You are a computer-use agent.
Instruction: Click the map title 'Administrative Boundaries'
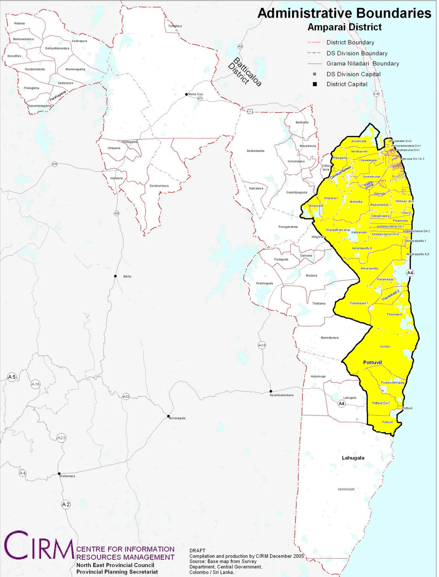(x=344, y=13)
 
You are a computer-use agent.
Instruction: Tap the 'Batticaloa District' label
(x=245, y=72)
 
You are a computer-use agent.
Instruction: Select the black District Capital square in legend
(x=315, y=84)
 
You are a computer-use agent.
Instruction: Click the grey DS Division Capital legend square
(x=315, y=74)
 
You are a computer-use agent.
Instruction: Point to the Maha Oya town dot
(x=186, y=94)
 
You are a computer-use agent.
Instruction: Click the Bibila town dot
(x=115, y=276)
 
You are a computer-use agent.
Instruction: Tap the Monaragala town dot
(x=168, y=416)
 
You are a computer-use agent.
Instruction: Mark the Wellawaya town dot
(x=59, y=474)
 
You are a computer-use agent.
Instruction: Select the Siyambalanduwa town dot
(x=271, y=391)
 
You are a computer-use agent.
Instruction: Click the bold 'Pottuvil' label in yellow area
(x=372, y=362)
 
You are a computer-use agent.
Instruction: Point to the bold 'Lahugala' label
(x=353, y=458)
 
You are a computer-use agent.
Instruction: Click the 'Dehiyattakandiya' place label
(x=57, y=48)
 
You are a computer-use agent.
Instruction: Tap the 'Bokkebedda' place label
(x=256, y=151)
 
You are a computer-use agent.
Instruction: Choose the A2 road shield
(x=66, y=504)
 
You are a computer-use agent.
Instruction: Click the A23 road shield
(x=61, y=438)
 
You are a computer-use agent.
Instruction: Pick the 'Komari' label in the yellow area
(x=385, y=346)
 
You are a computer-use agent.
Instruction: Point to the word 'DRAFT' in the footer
(x=197, y=551)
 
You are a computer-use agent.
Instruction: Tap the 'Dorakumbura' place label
(x=159, y=186)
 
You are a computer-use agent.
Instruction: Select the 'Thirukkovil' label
(x=394, y=314)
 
